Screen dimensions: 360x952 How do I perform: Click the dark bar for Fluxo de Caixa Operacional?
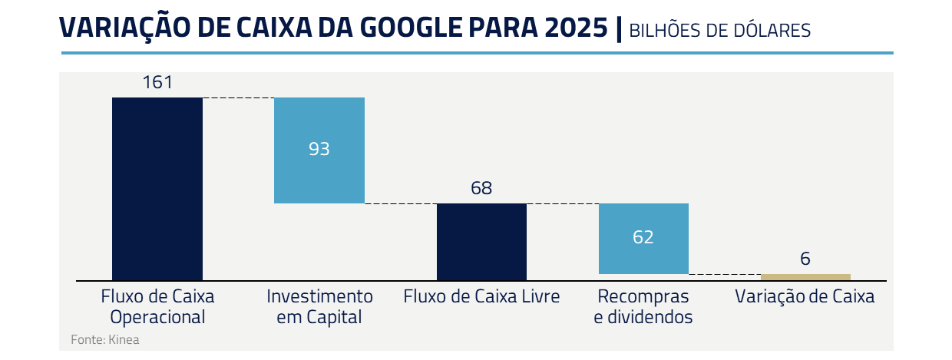157,188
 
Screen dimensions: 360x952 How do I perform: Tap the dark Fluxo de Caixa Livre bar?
481,241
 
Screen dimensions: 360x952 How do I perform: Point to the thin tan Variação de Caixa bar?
805,277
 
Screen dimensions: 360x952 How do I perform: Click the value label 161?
157,83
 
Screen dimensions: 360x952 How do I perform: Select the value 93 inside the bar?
319,150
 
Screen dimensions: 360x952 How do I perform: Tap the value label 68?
481,189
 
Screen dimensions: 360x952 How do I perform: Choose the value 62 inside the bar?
643,237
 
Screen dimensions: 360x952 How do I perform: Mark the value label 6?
805,259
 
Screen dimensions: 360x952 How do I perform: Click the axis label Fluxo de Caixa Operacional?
157,306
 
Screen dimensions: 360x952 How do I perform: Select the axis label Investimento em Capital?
319,306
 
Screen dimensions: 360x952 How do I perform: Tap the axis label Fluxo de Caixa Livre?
481,296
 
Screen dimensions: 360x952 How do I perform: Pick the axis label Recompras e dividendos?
643,306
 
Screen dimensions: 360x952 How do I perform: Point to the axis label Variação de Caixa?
805,296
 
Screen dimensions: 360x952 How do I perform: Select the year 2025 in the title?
574,28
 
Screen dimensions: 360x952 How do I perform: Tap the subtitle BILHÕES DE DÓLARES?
719,31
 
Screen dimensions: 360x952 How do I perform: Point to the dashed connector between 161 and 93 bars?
238,98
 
